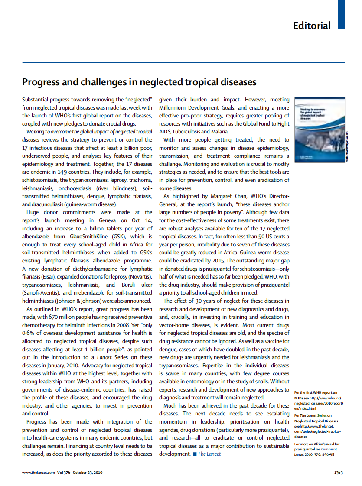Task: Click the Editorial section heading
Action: (312, 25)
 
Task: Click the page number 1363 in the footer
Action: (339, 473)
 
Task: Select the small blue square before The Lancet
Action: (195, 454)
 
